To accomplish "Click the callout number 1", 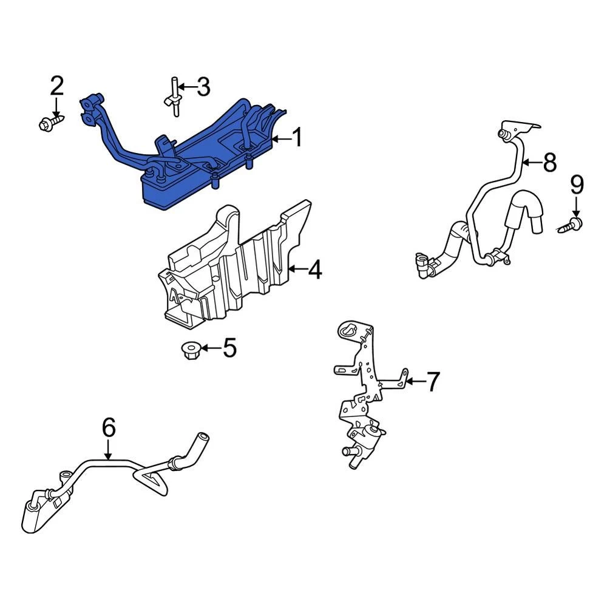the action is (297, 138).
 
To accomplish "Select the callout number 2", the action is (57, 86).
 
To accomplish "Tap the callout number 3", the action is (203, 87).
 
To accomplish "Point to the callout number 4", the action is (315, 270).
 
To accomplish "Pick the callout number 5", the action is (229, 348).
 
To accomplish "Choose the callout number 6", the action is (109, 428).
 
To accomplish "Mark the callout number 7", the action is (433, 381).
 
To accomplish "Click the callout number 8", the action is (550, 162).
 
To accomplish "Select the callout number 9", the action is (577, 185).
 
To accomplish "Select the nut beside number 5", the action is (189, 350).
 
